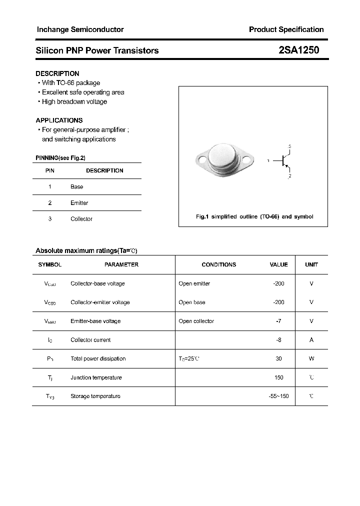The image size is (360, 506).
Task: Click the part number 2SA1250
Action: click(x=298, y=50)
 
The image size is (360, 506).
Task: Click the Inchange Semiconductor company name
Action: click(x=80, y=29)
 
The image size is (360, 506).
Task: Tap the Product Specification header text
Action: click(x=286, y=29)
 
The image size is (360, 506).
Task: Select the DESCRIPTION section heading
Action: click(x=57, y=73)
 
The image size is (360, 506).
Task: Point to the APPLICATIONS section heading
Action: click(x=59, y=120)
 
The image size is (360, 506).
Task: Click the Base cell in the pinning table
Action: click(x=77, y=186)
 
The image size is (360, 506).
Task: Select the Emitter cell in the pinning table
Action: click(x=79, y=203)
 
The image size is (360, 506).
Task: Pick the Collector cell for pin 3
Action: click(x=81, y=219)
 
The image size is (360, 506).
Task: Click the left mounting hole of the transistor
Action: click(x=202, y=161)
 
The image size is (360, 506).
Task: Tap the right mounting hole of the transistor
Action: click(x=246, y=161)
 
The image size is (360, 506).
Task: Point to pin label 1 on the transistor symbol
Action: click(x=268, y=161)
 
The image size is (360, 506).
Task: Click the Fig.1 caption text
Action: click(x=254, y=216)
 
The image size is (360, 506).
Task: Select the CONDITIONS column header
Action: click(x=218, y=264)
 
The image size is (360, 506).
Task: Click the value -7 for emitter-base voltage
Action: click(x=278, y=321)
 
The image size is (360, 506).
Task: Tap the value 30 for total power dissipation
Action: click(x=278, y=358)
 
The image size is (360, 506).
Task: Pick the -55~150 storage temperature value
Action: click(x=278, y=396)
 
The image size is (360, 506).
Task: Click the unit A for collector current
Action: click(x=311, y=340)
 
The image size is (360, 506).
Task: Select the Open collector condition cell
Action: click(x=196, y=321)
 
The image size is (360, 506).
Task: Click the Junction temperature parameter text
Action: click(x=96, y=377)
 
